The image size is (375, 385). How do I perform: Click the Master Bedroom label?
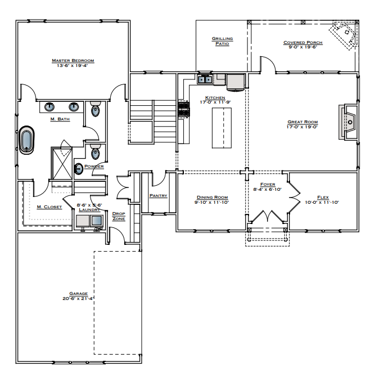pos(73,60)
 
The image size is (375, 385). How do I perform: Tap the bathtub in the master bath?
pos(26,141)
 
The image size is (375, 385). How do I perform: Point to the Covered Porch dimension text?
pos(302,47)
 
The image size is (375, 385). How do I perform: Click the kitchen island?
pos(222,128)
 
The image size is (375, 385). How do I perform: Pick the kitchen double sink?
pos(205,79)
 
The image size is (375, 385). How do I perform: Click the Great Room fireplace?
pos(346,122)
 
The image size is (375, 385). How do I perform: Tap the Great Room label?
pos(302,122)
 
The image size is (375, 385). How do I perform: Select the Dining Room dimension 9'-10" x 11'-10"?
pos(211,202)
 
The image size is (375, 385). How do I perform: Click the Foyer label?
pos(268,185)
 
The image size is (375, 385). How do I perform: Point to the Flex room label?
pos(323,198)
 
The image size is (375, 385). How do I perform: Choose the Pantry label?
pos(159,195)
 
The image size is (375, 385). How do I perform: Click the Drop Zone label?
pos(119,216)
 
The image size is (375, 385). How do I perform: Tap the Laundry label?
pos(89,209)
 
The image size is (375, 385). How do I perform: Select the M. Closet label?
pos(48,207)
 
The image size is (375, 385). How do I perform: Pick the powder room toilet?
pos(96,152)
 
